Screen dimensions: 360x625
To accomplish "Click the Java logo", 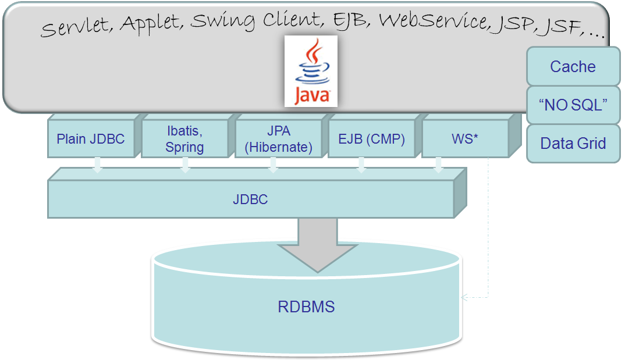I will (x=311, y=71).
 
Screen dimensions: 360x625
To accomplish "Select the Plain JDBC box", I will (x=90, y=140).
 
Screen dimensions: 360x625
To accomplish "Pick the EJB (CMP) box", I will (x=372, y=140).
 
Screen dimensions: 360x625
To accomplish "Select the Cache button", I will (x=573, y=66).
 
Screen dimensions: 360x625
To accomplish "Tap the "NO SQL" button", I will (x=573, y=105).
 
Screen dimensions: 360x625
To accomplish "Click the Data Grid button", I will (x=573, y=143).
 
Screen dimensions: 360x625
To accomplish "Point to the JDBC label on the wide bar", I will (x=250, y=199).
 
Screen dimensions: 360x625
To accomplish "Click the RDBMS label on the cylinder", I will (x=306, y=306).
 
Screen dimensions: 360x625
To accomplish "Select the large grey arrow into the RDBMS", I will (x=317, y=244).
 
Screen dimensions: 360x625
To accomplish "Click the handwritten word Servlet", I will (x=76, y=27).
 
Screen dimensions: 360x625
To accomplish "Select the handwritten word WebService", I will (x=433, y=20).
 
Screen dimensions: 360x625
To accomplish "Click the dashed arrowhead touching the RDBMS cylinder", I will (x=464, y=297).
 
